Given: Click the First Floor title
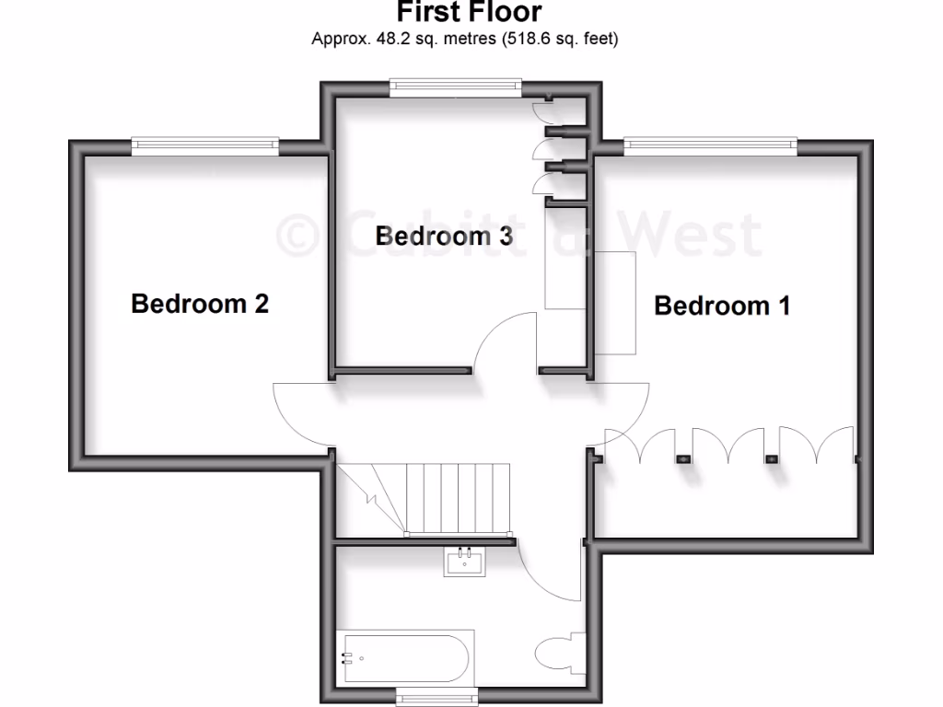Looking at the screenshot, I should tap(470, 13).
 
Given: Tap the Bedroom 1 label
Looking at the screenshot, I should tap(722, 306).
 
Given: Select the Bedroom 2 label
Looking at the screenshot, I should tap(200, 303).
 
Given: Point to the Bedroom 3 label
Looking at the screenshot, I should tap(444, 236).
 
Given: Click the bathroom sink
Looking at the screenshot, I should tap(464, 561).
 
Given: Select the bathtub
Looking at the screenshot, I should tap(405, 659).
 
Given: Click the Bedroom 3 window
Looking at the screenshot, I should tap(456, 86).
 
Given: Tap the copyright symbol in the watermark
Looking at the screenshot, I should tap(297, 235).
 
